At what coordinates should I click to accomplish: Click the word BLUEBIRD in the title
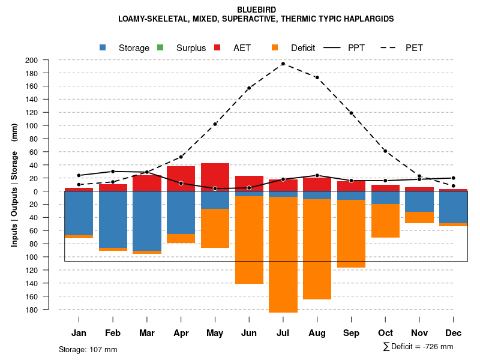[x=256, y=10]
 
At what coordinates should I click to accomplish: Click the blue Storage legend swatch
[x=103, y=48]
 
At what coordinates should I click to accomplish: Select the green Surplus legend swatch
[x=160, y=48]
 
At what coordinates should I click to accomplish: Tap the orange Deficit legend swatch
[x=275, y=48]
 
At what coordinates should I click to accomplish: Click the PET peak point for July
[x=283, y=64]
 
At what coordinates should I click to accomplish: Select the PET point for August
[x=317, y=77]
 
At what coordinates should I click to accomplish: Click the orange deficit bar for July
[x=283, y=254]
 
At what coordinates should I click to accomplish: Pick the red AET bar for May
[x=215, y=177]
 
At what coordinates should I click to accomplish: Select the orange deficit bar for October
[x=385, y=221]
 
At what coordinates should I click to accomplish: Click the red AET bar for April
[x=181, y=179]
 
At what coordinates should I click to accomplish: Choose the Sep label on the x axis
[x=351, y=333]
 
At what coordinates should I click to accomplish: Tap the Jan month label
[x=79, y=333]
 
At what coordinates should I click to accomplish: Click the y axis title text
[x=14, y=185]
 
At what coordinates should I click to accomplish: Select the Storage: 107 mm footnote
[x=88, y=349]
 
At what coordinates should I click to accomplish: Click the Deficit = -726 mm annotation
[x=418, y=347]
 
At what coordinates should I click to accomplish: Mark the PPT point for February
[x=113, y=172]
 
